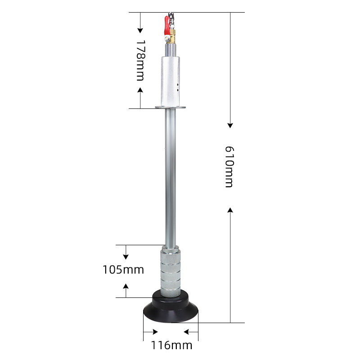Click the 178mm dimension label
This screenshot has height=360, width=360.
pyautogui.click(x=140, y=60)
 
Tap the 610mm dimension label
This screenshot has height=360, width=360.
pyautogui.click(x=229, y=166)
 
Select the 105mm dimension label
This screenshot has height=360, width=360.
pyautogui.click(x=123, y=270)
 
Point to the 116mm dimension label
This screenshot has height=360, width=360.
pyautogui.click(x=171, y=346)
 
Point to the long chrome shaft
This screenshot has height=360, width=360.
pyautogui.click(x=170, y=175)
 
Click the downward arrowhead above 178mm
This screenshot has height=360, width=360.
pyautogui.click(x=140, y=30)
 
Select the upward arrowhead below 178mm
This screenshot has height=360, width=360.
pyautogui.click(x=140, y=90)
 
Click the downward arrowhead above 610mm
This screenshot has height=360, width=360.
pyautogui.click(x=230, y=125)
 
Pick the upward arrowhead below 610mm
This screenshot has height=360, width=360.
pyautogui.click(x=230, y=210)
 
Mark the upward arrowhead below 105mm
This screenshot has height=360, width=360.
pyautogui.click(x=126, y=286)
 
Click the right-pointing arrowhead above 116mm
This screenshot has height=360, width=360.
pyautogui.click(x=154, y=333)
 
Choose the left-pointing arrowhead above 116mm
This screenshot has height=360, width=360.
pyautogui.click(x=187, y=333)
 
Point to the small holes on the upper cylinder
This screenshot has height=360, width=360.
pyautogui.click(x=178, y=86)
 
